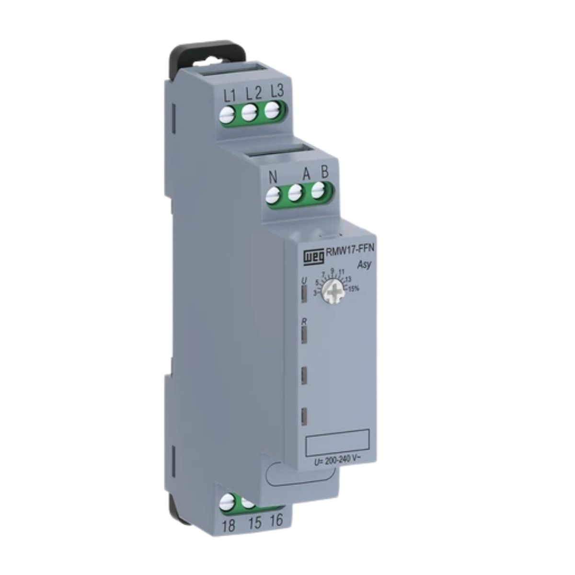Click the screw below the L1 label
(228, 115)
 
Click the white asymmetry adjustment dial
(331, 289)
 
